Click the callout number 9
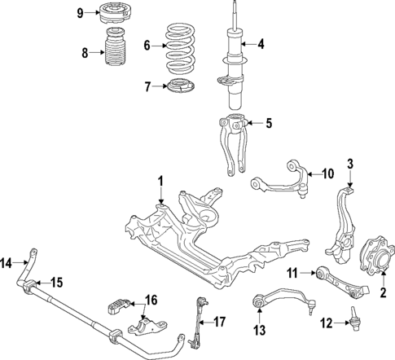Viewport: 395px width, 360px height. click(79, 12)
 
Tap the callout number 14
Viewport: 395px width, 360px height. click(7, 262)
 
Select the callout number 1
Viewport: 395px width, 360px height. click(161, 181)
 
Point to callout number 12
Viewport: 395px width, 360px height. click(326, 323)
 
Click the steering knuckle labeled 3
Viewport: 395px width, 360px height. click(346, 220)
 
